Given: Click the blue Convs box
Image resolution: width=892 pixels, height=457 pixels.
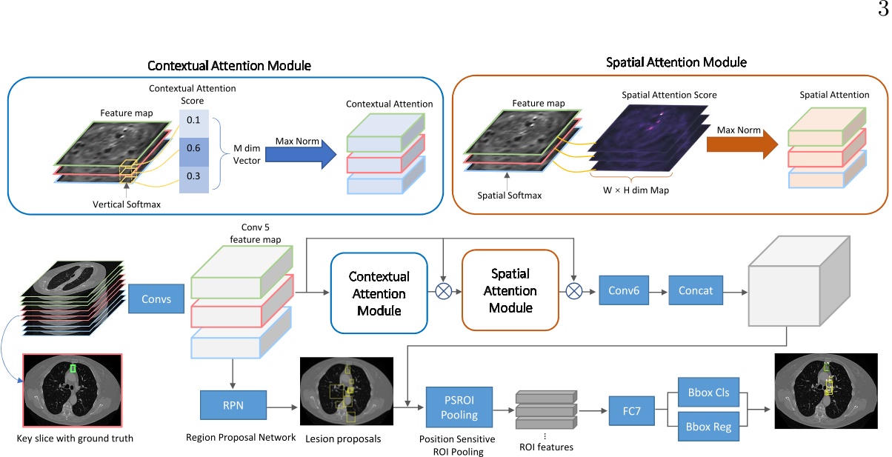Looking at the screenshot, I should [x=156, y=300].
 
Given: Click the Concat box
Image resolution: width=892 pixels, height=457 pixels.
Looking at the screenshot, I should [x=695, y=290].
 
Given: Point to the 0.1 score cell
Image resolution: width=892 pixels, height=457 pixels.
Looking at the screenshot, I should [x=193, y=120].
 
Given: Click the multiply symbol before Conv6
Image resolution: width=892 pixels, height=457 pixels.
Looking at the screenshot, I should [x=574, y=290].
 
